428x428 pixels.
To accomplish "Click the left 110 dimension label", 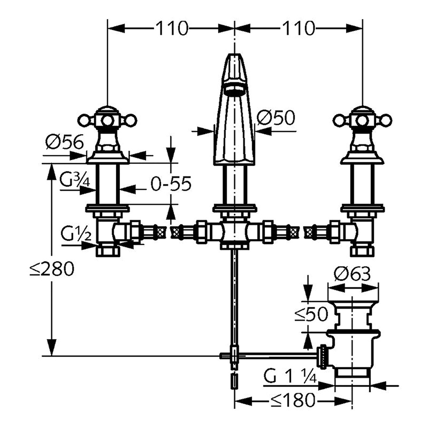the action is tap(172, 28).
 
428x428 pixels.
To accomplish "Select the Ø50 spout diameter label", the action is tap(276, 117).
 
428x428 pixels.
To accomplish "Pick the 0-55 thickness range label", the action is tap(171, 184).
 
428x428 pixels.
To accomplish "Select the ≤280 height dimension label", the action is tap(52, 269).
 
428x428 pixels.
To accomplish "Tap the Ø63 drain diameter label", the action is tap(352, 273).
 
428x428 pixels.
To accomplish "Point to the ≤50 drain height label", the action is tap(311, 314).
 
